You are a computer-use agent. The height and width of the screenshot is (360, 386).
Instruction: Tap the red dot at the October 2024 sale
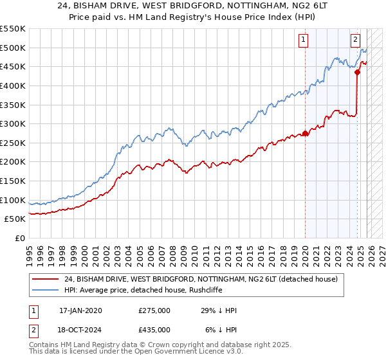[x=358, y=72]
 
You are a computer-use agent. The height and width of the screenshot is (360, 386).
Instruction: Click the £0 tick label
[x=19, y=238]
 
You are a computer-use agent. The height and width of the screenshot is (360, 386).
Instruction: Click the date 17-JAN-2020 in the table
[x=80, y=310]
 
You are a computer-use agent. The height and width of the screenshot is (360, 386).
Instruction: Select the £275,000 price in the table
[x=154, y=310]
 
